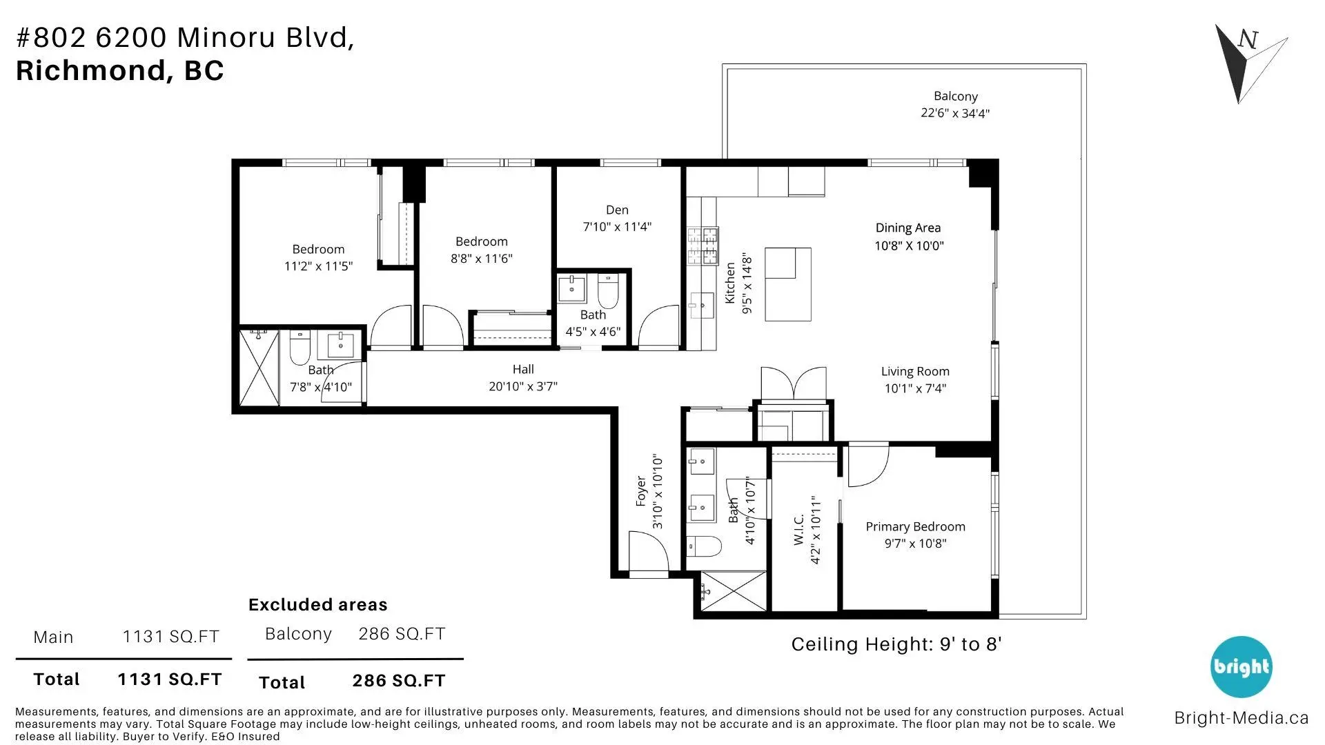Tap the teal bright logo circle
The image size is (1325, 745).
[x=1241, y=666]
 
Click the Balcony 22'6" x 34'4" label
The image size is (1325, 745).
[x=955, y=105]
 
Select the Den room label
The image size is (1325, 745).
[x=617, y=210]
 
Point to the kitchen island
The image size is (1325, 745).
[x=787, y=284]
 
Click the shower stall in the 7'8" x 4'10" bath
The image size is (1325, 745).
[x=259, y=368]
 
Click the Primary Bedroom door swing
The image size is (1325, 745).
[x=867, y=466]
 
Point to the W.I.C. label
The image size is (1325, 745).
[x=799, y=530]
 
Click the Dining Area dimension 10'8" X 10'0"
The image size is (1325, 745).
[x=909, y=246]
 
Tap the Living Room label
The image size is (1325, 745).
[x=915, y=371]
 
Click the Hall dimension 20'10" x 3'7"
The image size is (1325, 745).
[x=523, y=386]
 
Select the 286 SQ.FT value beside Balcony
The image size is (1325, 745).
[x=402, y=633]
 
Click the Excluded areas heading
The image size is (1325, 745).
[x=317, y=604]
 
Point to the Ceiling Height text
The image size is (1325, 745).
[x=896, y=644]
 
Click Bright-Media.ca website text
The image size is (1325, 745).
[x=1241, y=717]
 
